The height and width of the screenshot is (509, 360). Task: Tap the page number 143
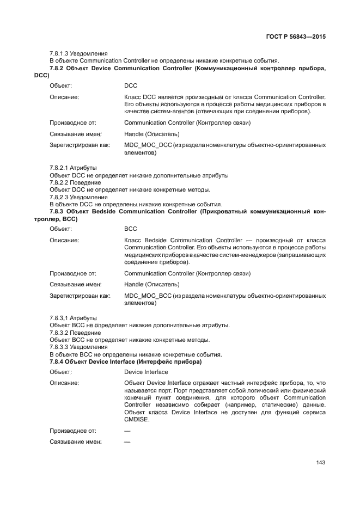coord(320,463)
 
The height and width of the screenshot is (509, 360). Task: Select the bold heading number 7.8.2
coord(59,68)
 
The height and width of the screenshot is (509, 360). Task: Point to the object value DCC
coord(131,86)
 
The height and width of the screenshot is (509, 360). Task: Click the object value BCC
coord(131,229)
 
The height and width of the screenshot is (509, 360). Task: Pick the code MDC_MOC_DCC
coord(148,146)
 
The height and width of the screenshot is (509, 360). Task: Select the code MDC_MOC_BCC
coord(148,296)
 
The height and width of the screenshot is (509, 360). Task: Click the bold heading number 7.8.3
coord(59,211)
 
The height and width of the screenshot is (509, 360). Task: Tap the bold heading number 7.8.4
coord(59,361)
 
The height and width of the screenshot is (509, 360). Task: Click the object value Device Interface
coord(146,372)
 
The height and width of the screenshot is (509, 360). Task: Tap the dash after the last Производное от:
coord(127,431)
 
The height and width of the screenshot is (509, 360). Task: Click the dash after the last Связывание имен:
coord(127,443)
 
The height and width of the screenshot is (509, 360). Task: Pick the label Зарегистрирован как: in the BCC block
coord(80,296)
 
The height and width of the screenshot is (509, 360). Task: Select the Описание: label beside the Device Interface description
coord(64,383)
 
